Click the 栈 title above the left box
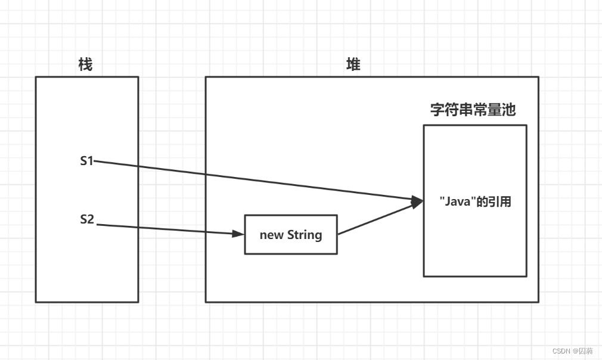pyautogui.click(x=85, y=64)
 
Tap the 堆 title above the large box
pyautogui.click(x=353, y=64)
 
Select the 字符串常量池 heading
pyautogui.click(x=473, y=110)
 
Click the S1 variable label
pyautogui.click(x=87, y=161)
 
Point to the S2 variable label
pyautogui.click(x=87, y=219)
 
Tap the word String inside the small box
pyautogui.click(x=305, y=235)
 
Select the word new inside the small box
pyautogui.click(x=272, y=235)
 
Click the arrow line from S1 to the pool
pyautogui.click(x=256, y=180)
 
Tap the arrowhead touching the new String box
pyautogui.click(x=239, y=234)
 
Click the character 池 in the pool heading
pyautogui.click(x=508, y=110)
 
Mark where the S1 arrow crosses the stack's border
pyautogui.click(x=138, y=166)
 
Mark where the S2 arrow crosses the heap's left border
pyautogui.click(x=206, y=232)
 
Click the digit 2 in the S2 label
pyautogui.click(x=91, y=219)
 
